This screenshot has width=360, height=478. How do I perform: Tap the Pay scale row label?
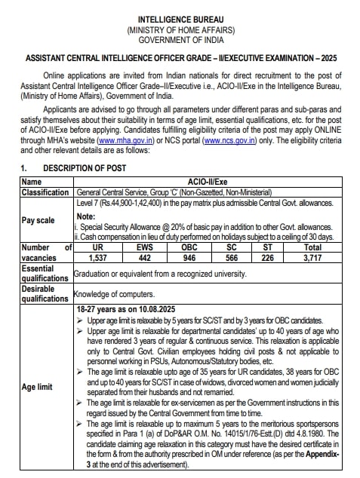tap(38, 220)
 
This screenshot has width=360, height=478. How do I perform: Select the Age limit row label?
tap(38, 388)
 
